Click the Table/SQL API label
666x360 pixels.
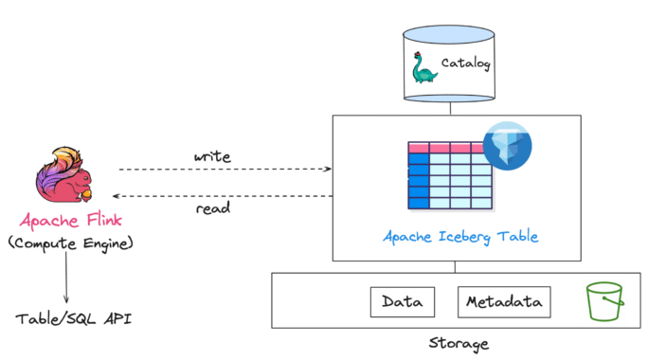click(73, 319)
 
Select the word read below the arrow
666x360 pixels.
click(213, 209)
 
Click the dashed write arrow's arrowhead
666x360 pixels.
click(327, 170)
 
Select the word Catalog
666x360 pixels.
click(467, 63)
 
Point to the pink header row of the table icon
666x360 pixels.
click(450, 148)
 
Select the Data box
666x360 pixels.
click(402, 302)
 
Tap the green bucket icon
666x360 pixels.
click(603, 302)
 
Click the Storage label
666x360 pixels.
click(456, 343)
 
